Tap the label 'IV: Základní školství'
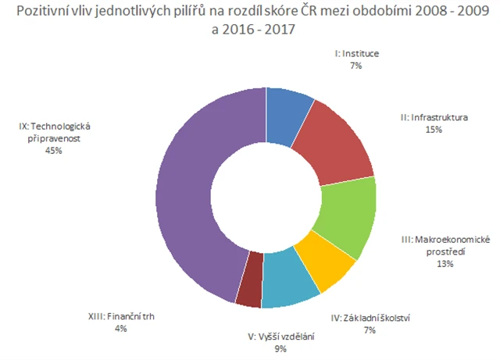[x=371, y=317]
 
